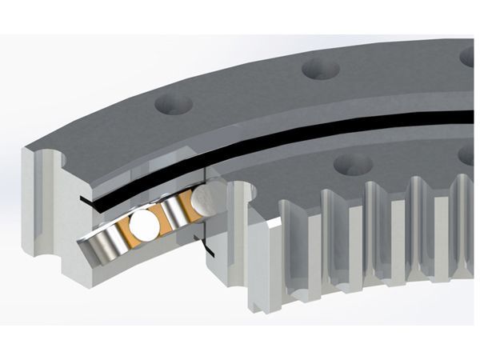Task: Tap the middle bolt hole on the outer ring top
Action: (x=321, y=69)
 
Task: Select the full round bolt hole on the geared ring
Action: (x=352, y=165)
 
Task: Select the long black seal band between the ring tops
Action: (x=320, y=131)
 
